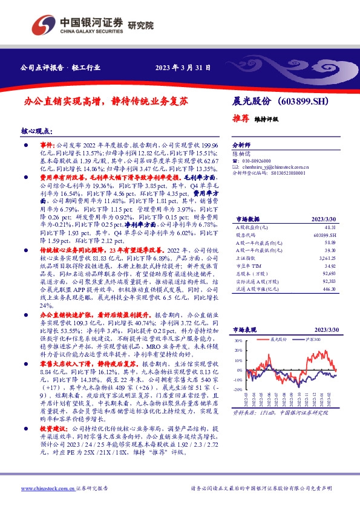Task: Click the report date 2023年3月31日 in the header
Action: point(183,67)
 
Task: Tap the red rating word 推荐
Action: point(241,118)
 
